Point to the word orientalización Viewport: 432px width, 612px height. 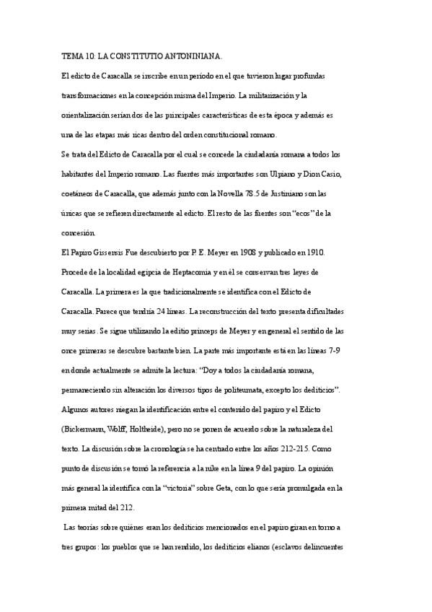click(x=89, y=115)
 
